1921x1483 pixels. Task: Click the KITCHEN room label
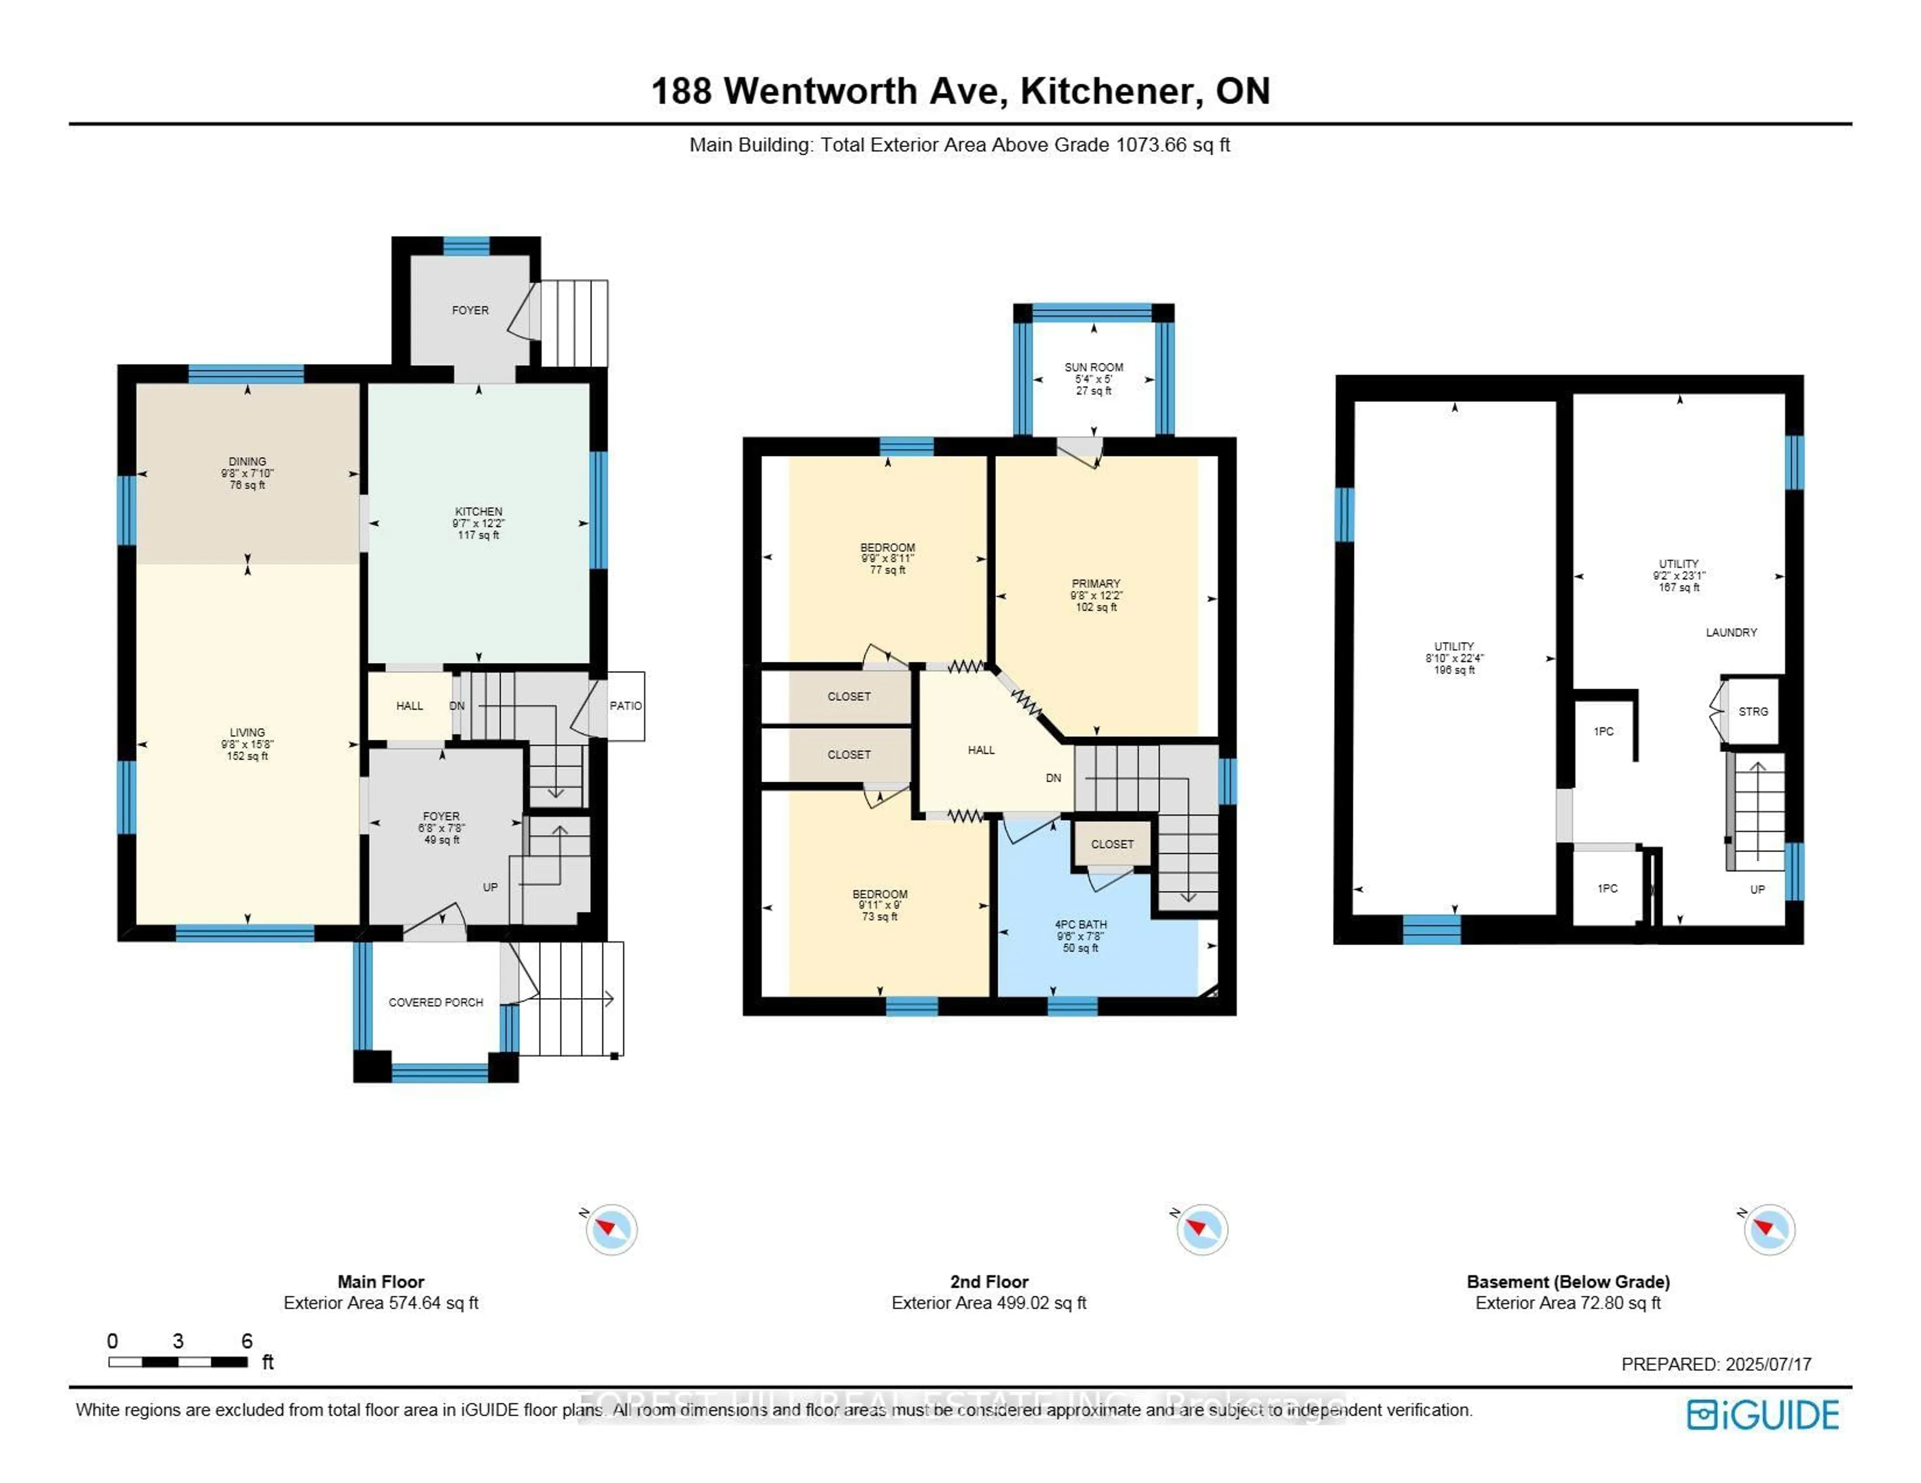478,512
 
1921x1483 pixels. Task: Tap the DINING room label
247,461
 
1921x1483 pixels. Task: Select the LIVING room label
247,732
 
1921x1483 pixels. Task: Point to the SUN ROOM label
1093,367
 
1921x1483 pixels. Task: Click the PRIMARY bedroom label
1096,584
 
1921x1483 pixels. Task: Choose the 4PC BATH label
1080,925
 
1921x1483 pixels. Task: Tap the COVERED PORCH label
435,1002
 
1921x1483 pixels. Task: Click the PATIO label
625,706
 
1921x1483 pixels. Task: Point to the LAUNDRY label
1731,633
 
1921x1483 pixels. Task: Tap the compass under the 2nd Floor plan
1202,1229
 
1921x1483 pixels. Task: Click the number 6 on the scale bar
247,1341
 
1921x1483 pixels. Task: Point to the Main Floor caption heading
381,1282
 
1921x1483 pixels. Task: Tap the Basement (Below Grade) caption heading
1567,1282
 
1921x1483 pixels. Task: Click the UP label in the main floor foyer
490,887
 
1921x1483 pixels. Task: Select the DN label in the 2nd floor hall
1053,778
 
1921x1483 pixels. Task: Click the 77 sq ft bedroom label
887,548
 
